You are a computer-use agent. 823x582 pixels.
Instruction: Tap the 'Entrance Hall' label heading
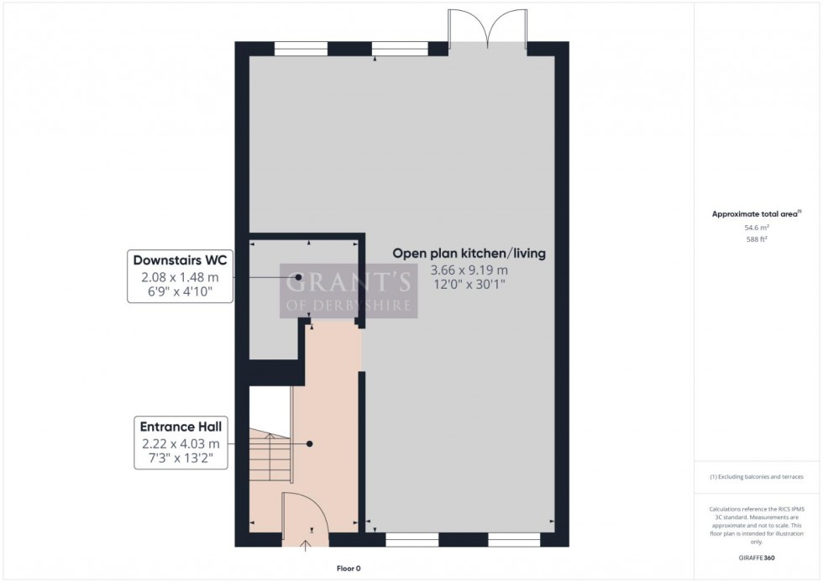pyautogui.click(x=177, y=427)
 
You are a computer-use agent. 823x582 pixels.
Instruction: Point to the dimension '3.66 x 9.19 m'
pyautogui.click(x=469, y=270)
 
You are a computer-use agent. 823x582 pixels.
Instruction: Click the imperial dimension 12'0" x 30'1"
pyautogui.click(x=469, y=285)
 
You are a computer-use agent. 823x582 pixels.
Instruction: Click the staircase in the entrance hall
pyautogui.click(x=269, y=462)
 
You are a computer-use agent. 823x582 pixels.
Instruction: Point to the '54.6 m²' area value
pyautogui.click(x=757, y=227)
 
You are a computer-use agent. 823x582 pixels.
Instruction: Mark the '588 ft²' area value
pyautogui.click(x=757, y=239)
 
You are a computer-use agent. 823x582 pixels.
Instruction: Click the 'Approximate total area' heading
pyautogui.click(x=756, y=214)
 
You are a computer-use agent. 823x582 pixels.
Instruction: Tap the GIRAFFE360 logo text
pyautogui.click(x=757, y=557)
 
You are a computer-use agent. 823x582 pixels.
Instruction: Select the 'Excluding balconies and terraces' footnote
pyautogui.click(x=757, y=476)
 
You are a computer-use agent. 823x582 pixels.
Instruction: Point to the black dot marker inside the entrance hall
pyautogui.click(x=310, y=443)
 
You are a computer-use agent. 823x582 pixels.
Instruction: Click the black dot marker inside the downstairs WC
pyautogui.click(x=298, y=277)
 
